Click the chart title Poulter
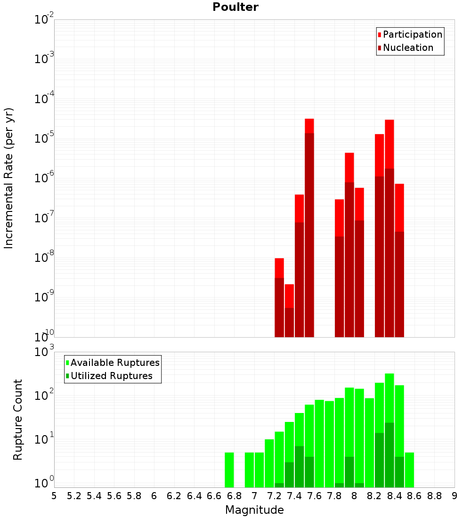point(235,7)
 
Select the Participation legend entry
point(410,34)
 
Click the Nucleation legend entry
point(406,48)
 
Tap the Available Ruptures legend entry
point(113,363)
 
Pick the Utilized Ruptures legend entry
point(109,376)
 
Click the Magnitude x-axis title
point(254,510)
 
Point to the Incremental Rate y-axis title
point(8,178)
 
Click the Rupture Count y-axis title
point(17,420)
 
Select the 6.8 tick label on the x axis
point(234,496)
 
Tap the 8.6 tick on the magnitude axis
point(414,496)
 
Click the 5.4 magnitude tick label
point(94,496)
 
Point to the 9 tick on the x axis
point(455,496)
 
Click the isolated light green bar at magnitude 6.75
point(229,470)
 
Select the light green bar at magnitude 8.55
point(409,470)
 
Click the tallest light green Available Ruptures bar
point(390,398)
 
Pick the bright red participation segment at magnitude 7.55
point(309,126)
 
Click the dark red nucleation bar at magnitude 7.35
point(289,323)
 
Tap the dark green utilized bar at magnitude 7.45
point(299,467)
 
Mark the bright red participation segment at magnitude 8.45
point(399,208)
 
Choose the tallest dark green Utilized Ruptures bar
point(390,455)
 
